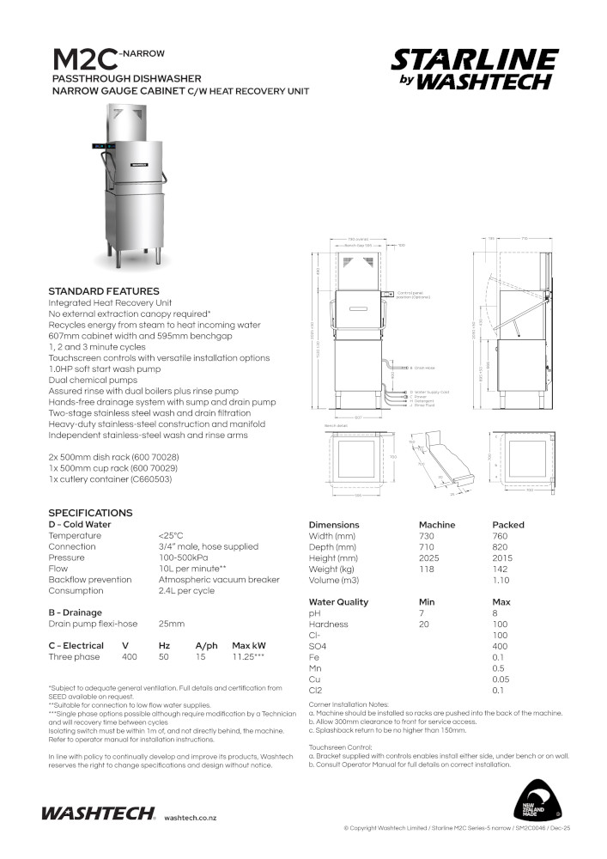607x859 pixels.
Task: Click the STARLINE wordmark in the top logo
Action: coord(474,60)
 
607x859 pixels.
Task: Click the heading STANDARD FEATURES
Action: coord(104,291)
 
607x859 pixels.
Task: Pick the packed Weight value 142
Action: coord(501,570)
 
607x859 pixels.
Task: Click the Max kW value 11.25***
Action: coord(248,657)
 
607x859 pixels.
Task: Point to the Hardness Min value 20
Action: coord(423,624)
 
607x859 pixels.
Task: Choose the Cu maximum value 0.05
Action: coord(499,679)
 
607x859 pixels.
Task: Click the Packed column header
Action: coord(507,525)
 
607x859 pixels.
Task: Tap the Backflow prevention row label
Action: coord(90,580)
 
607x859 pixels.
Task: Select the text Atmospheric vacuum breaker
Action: coord(219,580)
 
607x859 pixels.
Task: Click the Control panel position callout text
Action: coord(410,295)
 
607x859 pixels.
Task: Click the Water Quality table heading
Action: coord(338,602)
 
